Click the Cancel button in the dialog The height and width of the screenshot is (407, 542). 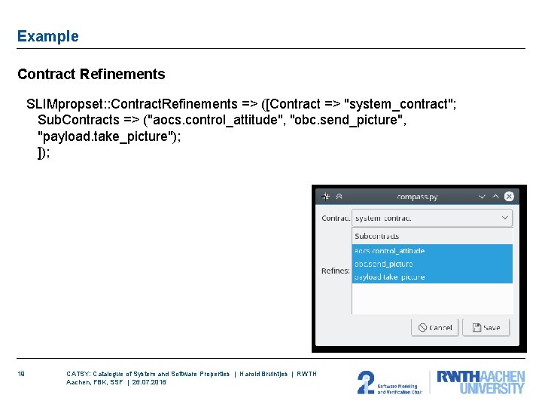tap(435, 328)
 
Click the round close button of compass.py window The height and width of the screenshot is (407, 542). tap(509, 197)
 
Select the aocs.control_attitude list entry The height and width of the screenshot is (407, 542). tap(389, 251)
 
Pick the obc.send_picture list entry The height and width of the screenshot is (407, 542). tap(384, 264)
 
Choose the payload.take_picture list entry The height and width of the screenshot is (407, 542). tap(389, 277)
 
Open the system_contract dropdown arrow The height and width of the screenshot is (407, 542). tap(504, 218)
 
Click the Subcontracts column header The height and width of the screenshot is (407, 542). tap(377, 236)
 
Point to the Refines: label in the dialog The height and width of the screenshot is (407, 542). tap(335, 271)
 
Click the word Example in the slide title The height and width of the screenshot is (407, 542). tap(47, 36)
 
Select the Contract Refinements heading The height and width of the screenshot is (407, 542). tap(91, 74)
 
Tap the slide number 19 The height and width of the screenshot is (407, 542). tap(23, 374)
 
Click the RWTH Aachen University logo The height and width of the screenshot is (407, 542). tap(480, 382)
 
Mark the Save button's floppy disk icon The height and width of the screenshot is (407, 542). tap(477, 328)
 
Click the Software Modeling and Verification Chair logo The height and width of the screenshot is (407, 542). tap(390, 382)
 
